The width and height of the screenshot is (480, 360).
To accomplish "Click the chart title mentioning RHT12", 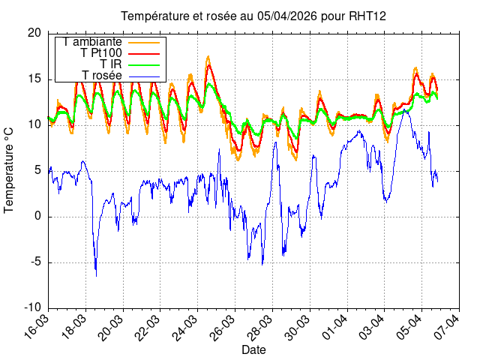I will (254, 16).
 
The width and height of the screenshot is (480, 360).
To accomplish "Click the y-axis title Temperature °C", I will (9, 169).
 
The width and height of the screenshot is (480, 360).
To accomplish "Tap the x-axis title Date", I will (253, 350).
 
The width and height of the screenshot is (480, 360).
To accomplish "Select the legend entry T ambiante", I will (94, 42).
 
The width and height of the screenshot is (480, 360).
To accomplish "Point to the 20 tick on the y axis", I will (34, 33).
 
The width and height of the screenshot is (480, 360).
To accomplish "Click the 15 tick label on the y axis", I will (34, 79).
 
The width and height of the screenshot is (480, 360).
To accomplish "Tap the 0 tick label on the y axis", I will (38, 217).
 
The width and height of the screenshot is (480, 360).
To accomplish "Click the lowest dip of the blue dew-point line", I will (96, 276).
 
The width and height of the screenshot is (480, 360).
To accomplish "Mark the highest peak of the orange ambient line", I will (208, 56).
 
